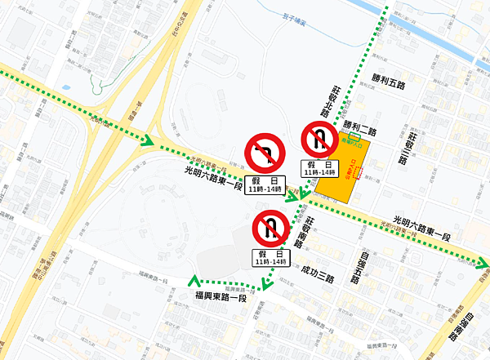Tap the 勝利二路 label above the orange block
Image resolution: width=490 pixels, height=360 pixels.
360,129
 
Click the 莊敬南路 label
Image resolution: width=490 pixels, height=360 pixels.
310,232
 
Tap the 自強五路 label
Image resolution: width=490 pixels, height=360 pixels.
357,268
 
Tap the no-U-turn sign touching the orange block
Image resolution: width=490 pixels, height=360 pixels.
318,139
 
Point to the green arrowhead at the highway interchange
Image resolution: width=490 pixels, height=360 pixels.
148,140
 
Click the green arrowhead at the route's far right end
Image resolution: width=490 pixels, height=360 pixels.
483,264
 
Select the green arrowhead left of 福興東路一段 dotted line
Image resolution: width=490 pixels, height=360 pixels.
192,282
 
